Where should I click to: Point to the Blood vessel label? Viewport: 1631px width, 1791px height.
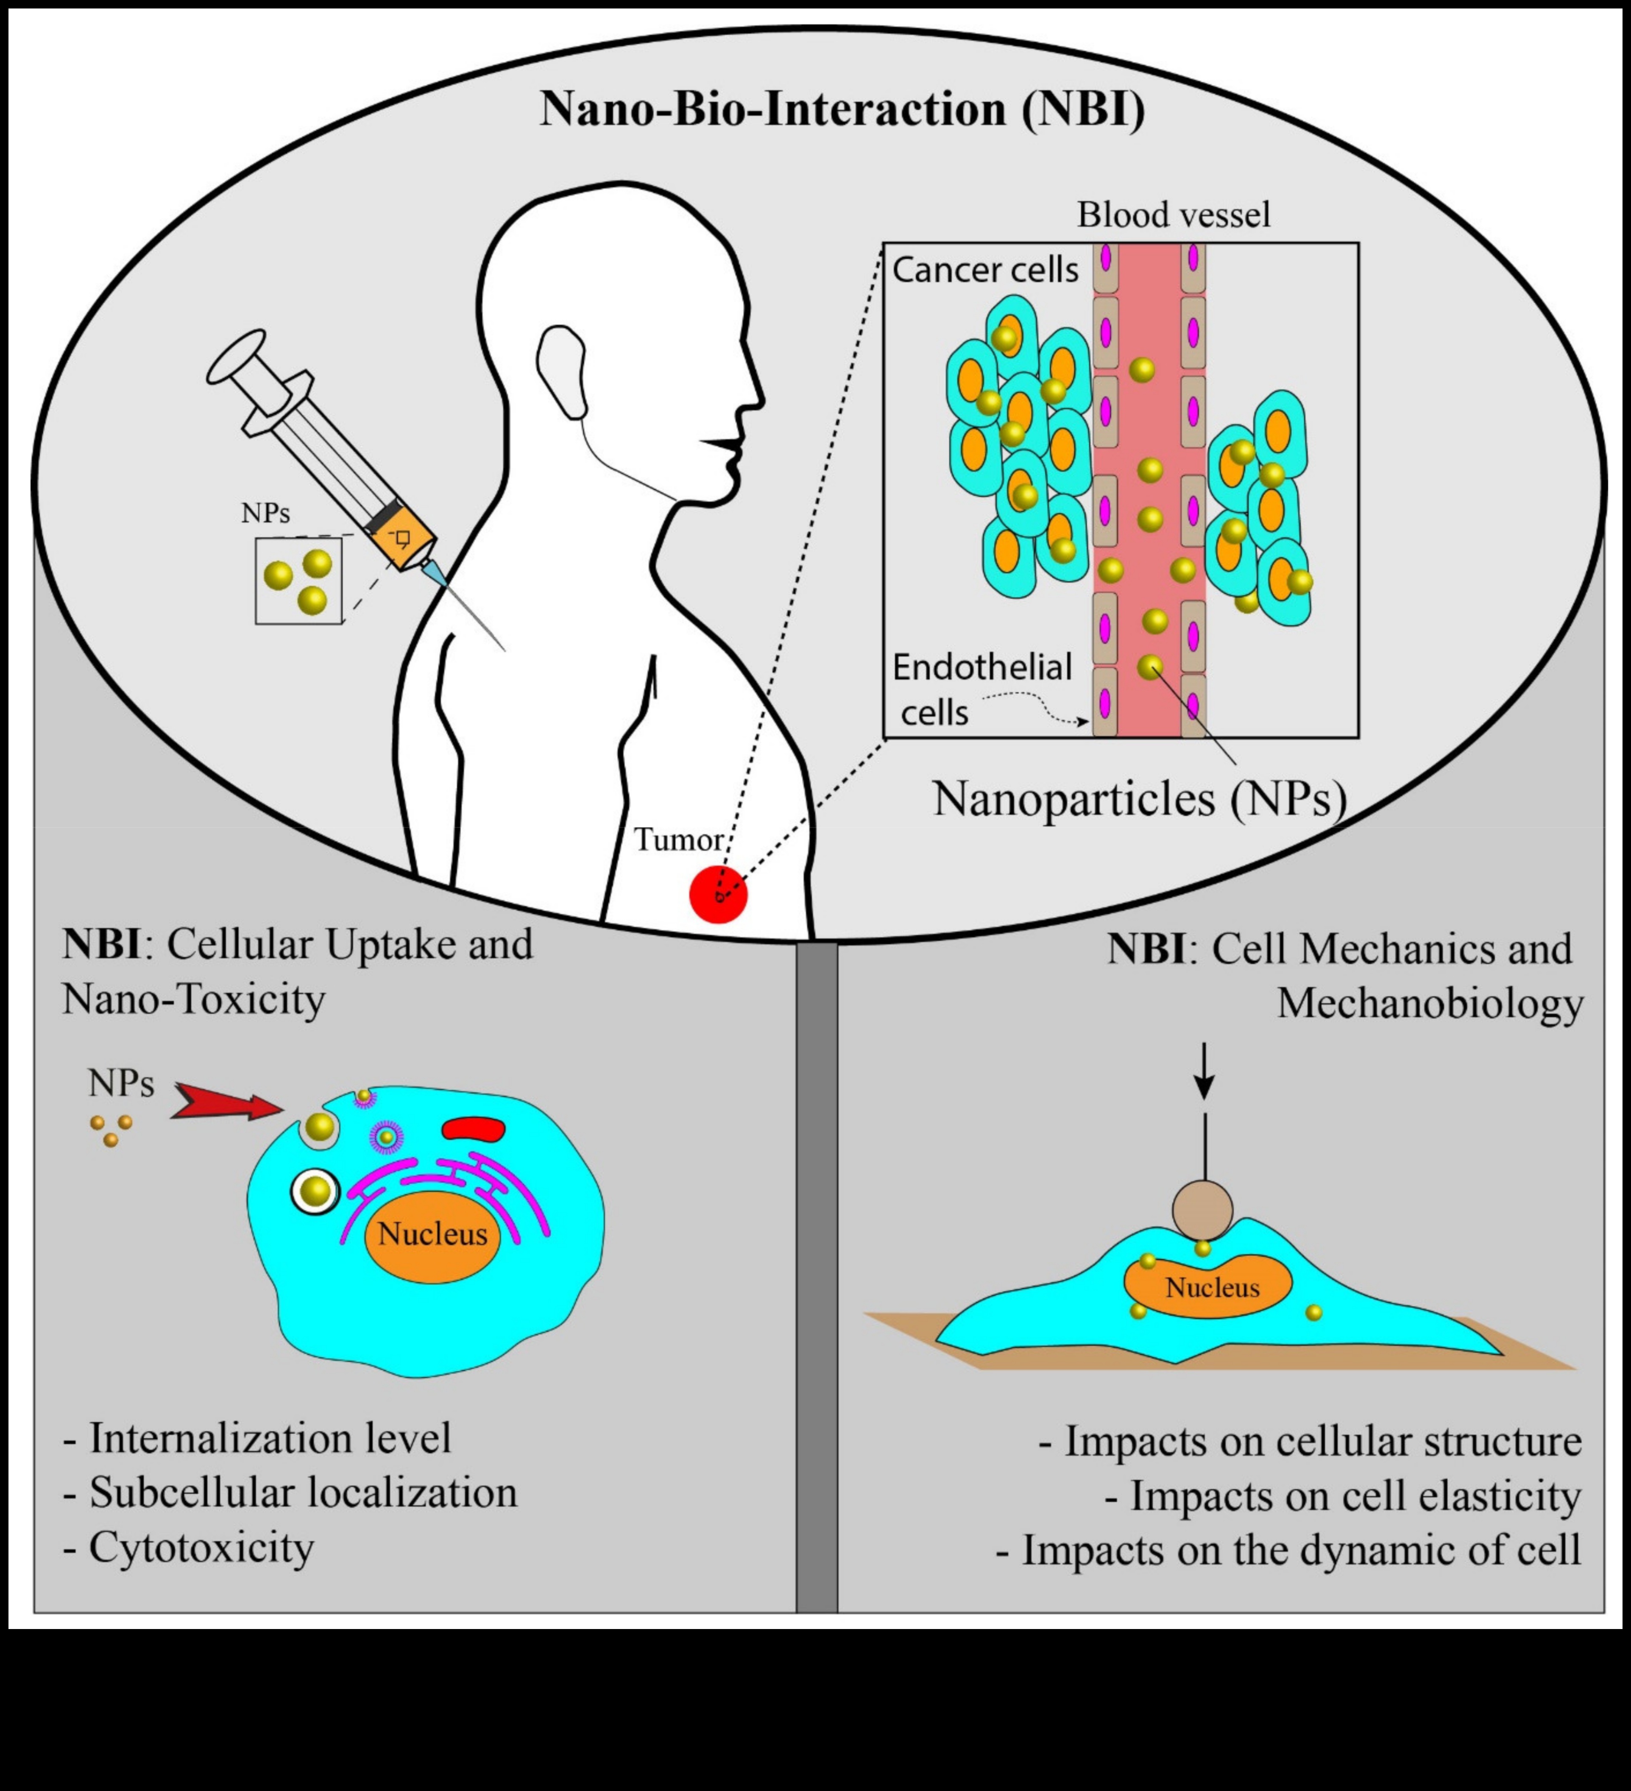point(1174,215)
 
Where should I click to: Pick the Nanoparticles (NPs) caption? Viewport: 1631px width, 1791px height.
point(1139,799)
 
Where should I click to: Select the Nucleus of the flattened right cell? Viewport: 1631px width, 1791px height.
point(1212,1287)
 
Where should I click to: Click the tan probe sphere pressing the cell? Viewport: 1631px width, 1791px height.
point(1202,1209)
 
